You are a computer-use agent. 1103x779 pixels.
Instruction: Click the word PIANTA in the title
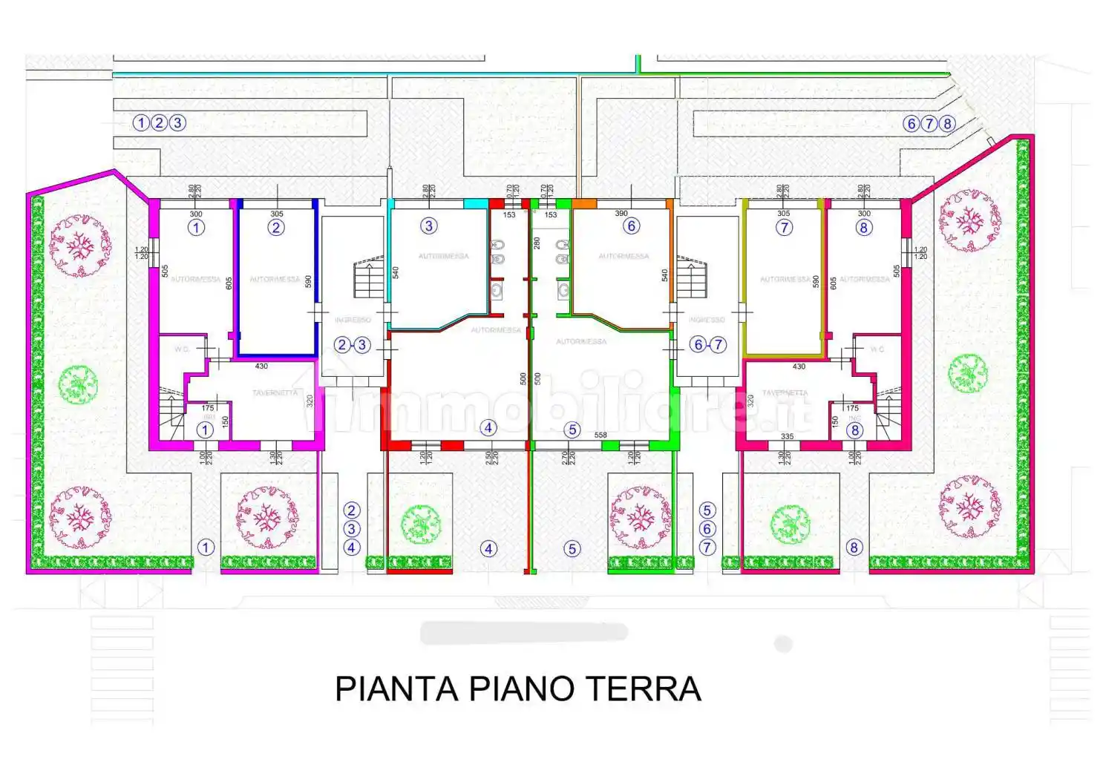tap(396, 688)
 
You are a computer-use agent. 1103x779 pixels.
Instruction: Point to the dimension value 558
tap(600, 435)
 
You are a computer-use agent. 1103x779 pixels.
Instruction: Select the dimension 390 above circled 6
tap(621, 214)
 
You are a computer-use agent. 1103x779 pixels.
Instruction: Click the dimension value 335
tap(788, 436)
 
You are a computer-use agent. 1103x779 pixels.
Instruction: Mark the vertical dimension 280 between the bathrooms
tap(537, 243)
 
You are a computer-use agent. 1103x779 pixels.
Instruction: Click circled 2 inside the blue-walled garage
tap(276, 228)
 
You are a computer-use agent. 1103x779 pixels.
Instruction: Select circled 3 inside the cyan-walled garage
tap(428, 226)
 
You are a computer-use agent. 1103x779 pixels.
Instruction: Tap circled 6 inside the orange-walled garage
tap(631, 226)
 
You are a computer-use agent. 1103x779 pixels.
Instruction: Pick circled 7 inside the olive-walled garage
tap(784, 228)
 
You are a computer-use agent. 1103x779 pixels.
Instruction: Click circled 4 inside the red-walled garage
tap(488, 427)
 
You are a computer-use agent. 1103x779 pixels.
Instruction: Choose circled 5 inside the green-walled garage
tap(572, 430)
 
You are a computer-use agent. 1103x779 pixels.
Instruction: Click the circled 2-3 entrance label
tap(352, 344)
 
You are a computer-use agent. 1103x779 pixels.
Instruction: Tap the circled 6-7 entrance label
tap(707, 344)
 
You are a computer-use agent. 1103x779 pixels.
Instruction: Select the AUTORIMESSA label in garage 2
tap(275, 280)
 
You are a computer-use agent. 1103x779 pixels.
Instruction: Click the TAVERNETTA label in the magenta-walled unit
tap(275, 392)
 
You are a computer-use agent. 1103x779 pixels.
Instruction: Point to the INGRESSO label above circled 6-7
tap(707, 320)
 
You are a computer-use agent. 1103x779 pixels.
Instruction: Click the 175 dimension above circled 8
tap(852, 408)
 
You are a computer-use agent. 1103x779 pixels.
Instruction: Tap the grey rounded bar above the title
tap(524, 633)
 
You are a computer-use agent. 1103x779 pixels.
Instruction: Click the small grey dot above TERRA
tap(783, 643)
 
